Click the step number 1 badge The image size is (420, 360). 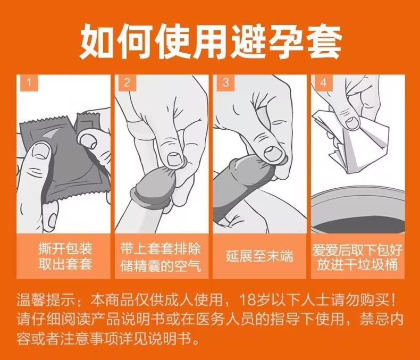[x=29, y=82]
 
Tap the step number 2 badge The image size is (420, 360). [x=127, y=82]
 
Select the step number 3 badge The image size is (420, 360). [x=225, y=82]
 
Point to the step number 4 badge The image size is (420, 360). [x=324, y=82]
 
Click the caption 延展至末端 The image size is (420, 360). [x=259, y=256]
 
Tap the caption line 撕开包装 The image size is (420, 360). [x=65, y=248]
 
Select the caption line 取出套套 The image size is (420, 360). [x=65, y=264]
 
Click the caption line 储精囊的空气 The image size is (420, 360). [x=161, y=266]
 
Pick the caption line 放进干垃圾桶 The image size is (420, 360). [x=358, y=265]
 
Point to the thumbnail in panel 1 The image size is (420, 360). [x=40, y=152]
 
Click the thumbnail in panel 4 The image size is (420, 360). [x=352, y=122]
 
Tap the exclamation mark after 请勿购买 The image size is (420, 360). [x=393, y=300]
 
